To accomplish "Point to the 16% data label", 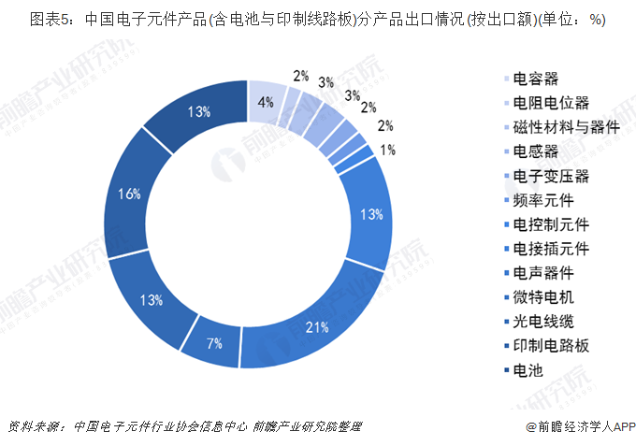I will pos(130,194).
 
